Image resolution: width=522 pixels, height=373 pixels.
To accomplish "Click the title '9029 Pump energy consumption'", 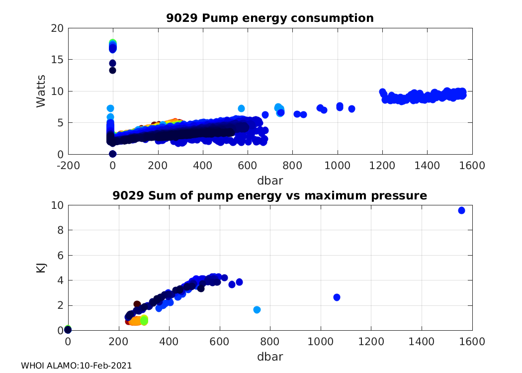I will click(x=270, y=18).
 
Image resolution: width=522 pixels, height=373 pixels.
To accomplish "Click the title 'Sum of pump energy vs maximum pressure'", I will click(x=270, y=195).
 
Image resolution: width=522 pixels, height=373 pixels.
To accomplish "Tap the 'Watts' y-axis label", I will click(x=41, y=91).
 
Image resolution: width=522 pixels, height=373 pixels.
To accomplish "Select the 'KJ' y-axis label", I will click(x=41, y=268).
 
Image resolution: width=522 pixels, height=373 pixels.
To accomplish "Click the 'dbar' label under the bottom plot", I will click(x=270, y=357).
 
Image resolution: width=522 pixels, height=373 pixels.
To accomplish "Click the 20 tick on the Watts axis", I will click(x=58, y=28).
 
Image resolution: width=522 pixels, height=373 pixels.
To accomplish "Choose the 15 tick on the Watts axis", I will click(x=58, y=60).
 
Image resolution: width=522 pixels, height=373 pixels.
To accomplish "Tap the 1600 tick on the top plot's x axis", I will click(x=472, y=166).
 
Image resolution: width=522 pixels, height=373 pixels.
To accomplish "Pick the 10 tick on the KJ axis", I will click(x=58, y=205).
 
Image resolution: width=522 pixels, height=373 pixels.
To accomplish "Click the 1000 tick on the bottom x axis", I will click(x=321, y=342).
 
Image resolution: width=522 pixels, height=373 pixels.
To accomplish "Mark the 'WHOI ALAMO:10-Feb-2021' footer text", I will click(x=76, y=366).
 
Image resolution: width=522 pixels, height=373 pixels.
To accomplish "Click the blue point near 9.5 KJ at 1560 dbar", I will click(x=461, y=210).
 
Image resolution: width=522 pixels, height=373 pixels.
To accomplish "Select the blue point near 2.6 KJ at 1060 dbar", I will click(x=337, y=297).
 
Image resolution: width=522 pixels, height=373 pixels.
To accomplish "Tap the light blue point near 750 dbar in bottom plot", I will click(x=257, y=310).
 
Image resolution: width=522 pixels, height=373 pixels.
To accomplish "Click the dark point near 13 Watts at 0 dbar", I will click(x=113, y=70).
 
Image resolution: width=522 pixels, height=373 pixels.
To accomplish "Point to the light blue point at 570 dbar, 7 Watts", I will click(x=241, y=108).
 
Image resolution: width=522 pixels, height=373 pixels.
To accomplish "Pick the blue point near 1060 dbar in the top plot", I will click(x=351, y=109).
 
